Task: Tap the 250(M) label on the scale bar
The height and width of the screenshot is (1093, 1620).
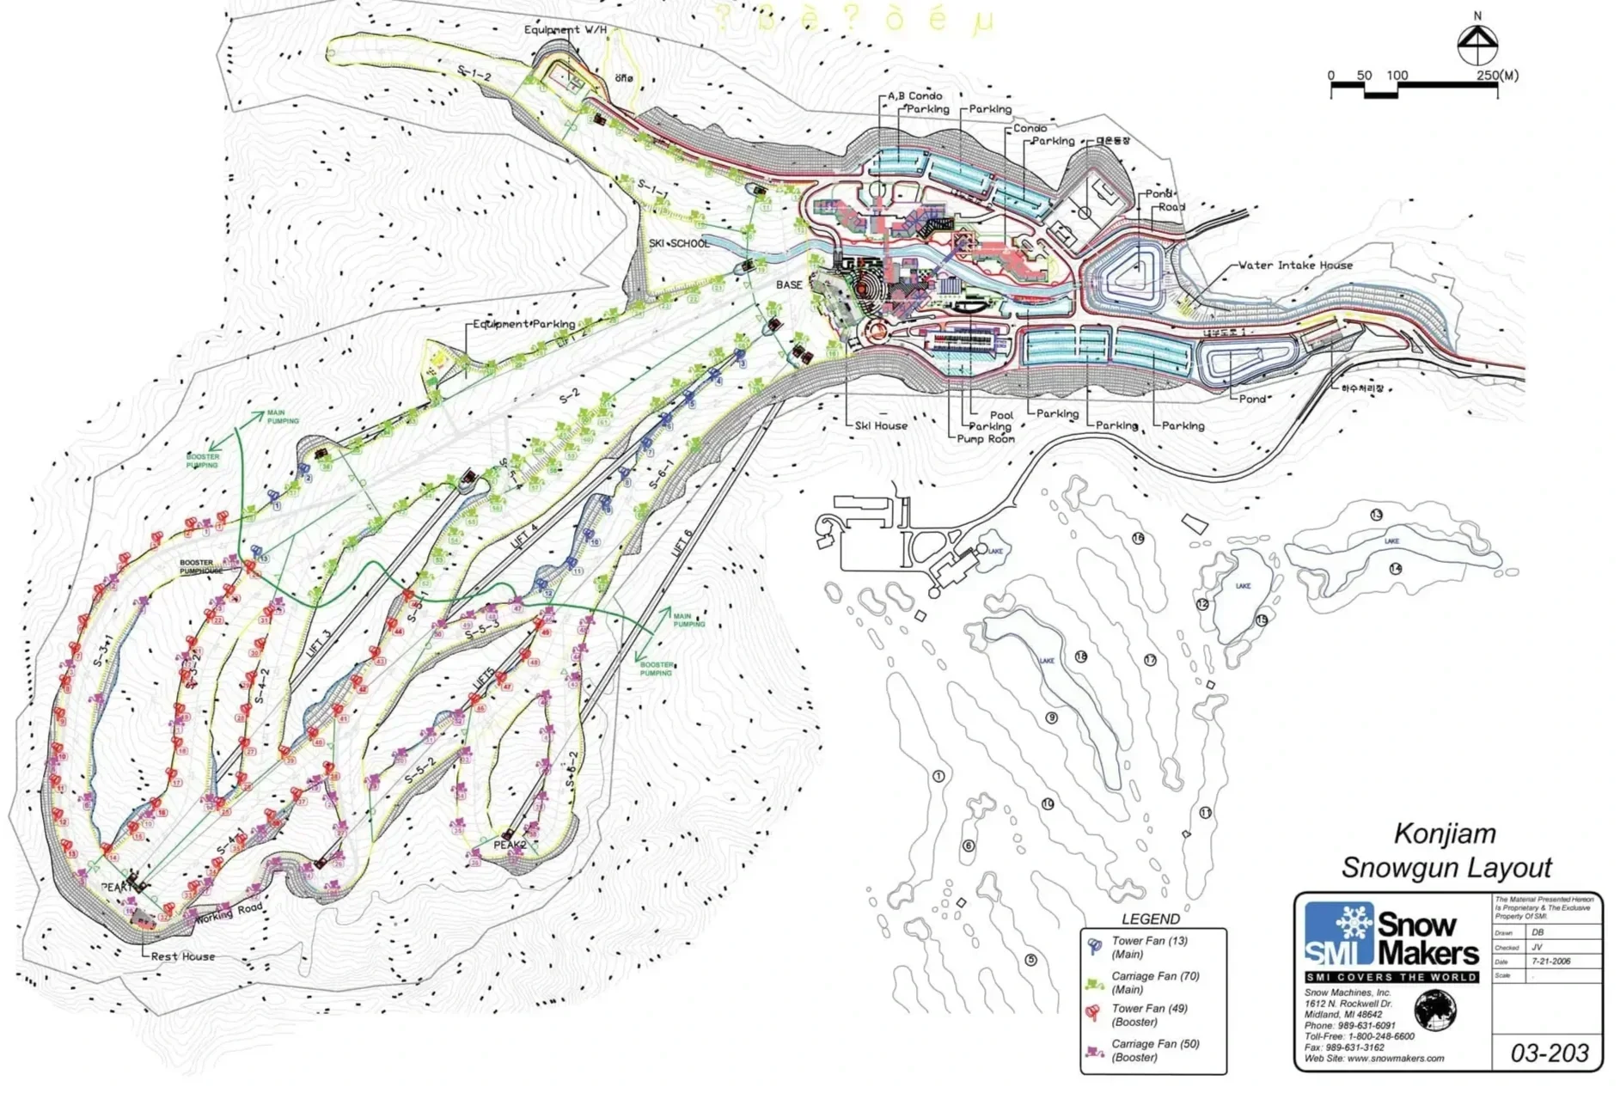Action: (x=1497, y=76)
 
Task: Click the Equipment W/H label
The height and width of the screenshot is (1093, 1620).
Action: (x=565, y=30)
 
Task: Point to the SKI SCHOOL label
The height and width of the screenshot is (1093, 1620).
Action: (x=679, y=244)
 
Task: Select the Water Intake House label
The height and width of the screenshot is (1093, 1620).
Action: (x=1295, y=266)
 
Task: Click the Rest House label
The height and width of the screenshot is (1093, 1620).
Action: (x=183, y=956)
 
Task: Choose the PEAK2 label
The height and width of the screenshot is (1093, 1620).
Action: (x=510, y=845)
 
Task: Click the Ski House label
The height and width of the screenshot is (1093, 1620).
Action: (x=881, y=425)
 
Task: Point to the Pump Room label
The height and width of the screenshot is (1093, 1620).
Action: (x=986, y=439)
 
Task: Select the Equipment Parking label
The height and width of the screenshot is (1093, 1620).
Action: (x=524, y=324)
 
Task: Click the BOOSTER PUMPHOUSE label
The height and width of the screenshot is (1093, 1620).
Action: (x=201, y=567)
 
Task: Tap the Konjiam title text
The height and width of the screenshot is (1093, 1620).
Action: (x=1445, y=833)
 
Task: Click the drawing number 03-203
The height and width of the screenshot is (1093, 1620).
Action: (x=1550, y=1053)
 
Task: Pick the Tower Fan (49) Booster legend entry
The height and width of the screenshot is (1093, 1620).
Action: (x=1148, y=1015)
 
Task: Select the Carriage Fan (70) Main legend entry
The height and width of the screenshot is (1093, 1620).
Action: (x=1154, y=982)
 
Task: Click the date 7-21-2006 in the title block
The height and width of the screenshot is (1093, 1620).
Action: (x=1550, y=962)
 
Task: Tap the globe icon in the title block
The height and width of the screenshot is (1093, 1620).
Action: (x=1435, y=1010)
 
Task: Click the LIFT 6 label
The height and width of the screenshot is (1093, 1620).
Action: (x=682, y=544)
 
